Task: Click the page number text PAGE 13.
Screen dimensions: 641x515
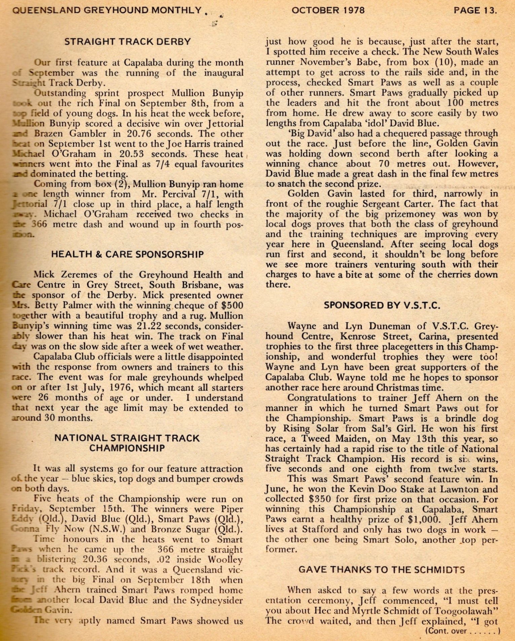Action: [x=475, y=10]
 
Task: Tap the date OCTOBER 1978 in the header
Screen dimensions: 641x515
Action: [x=328, y=10]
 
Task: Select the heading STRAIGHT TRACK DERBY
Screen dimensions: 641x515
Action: [x=127, y=42]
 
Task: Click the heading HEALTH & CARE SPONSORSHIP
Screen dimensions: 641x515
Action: [x=127, y=255]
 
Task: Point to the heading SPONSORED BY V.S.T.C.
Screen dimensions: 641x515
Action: [x=382, y=305]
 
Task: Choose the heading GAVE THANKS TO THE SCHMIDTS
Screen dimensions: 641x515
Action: [x=382, y=570]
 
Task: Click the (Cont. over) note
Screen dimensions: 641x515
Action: [x=463, y=631]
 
